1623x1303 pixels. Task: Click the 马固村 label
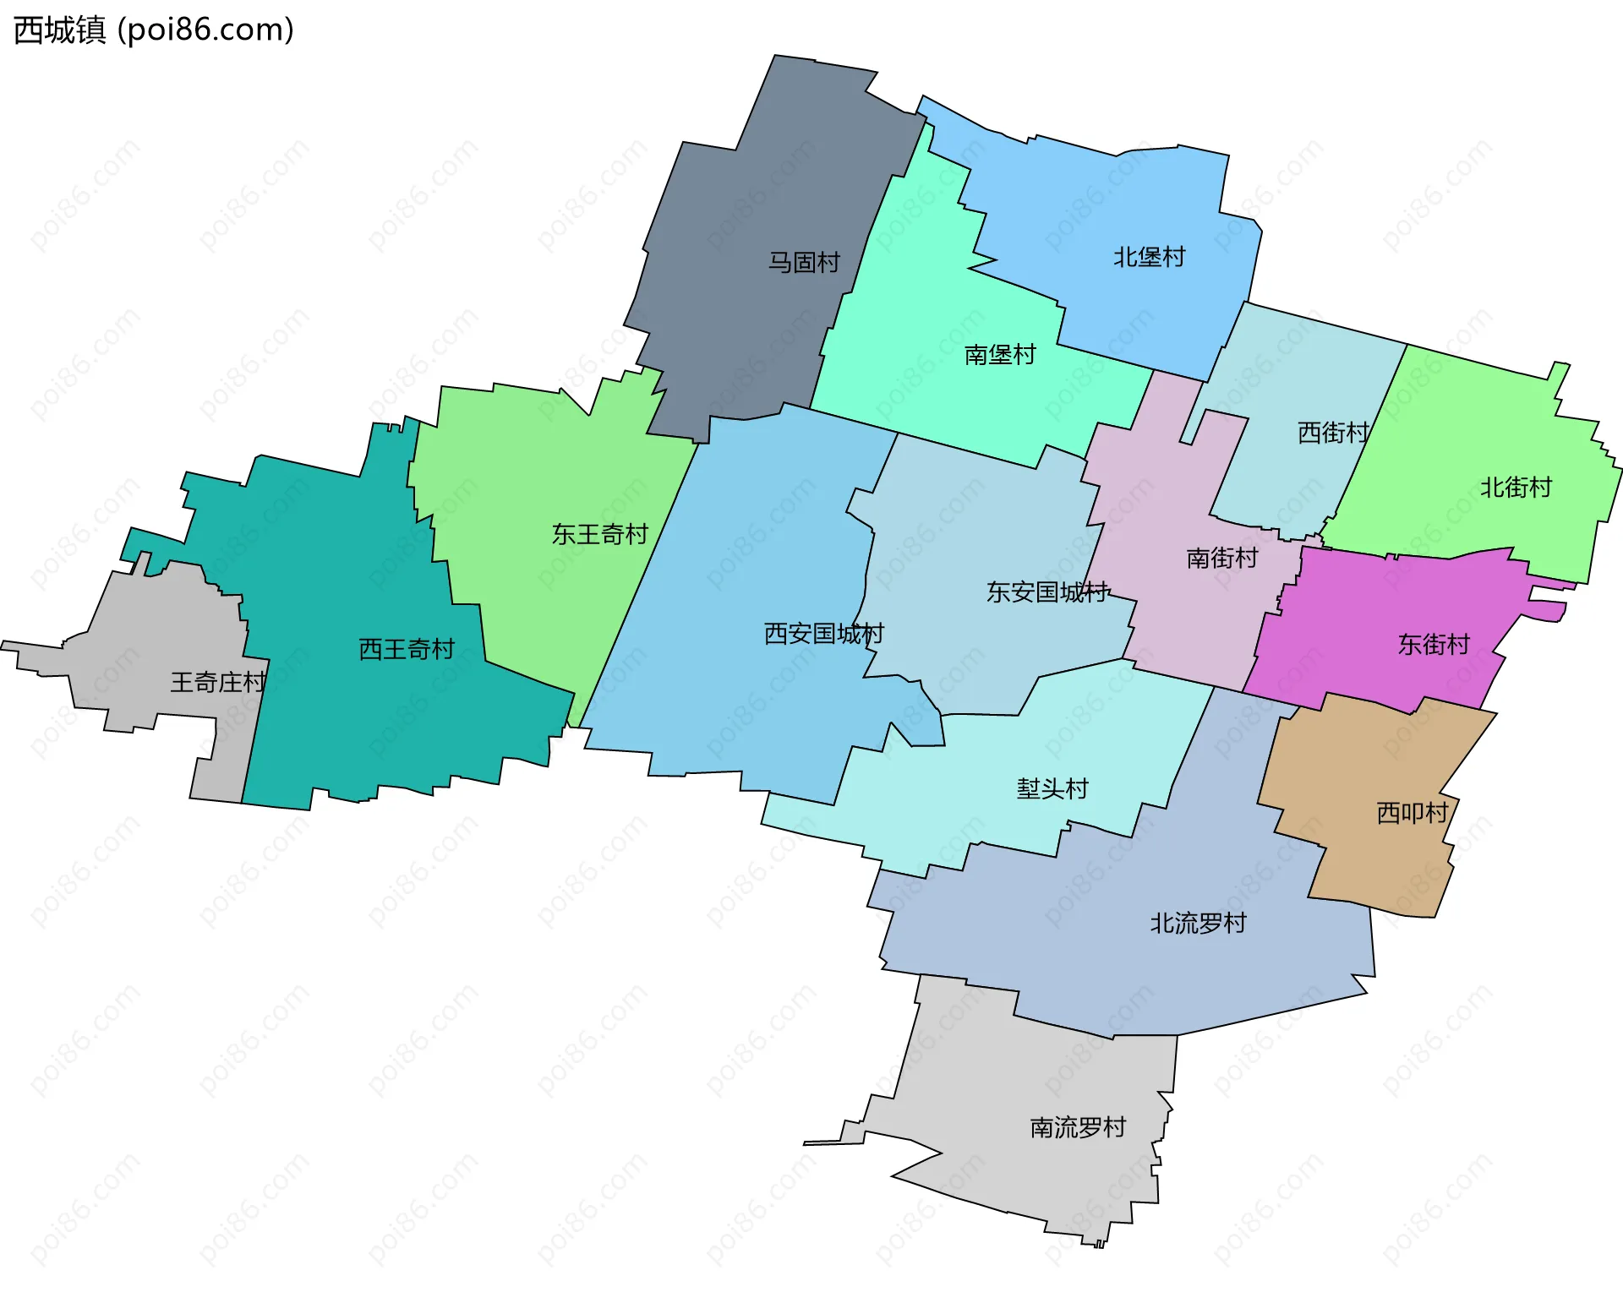pos(803,263)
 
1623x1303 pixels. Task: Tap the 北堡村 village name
pos(1149,257)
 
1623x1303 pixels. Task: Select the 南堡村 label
pos(1000,355)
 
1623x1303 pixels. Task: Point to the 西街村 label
pos(1333,433)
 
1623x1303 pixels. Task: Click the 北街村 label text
pos(1516,488)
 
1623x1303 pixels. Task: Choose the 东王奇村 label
pos(599,534)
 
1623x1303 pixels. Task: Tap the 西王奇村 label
pos(407,649)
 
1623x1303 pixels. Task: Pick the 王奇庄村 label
pos(218,682)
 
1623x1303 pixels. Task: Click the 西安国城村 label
pos(823,634)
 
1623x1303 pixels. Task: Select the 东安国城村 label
pos(1047,592)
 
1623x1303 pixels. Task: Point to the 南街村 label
pos(1221,559)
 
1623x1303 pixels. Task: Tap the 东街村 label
pos(1434,645)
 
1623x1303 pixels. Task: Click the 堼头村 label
pos(1052,789)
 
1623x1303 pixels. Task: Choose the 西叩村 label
pos(1413,813)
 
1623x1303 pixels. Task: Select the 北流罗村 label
pos(1198,924)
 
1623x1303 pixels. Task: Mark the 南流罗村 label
pos(1078,1128)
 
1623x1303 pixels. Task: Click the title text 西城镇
pos(59,30)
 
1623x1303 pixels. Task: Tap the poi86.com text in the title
pos(206,30)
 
